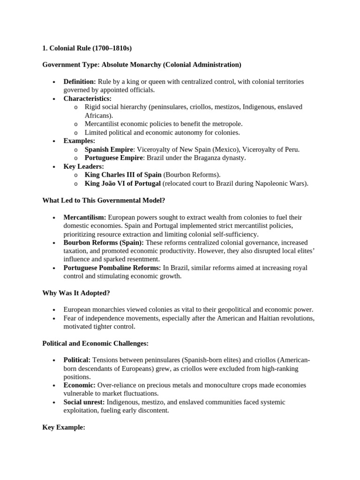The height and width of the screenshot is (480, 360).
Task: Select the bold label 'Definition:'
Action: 80,82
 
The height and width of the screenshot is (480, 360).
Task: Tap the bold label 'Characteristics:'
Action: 87,98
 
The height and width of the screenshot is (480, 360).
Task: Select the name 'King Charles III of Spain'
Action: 123,175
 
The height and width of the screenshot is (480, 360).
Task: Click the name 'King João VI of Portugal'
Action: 123,183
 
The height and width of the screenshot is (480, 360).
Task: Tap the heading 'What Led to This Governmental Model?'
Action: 104,201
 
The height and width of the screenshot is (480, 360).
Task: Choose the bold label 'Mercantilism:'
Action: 85,217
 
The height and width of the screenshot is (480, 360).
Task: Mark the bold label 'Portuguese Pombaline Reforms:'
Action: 112,268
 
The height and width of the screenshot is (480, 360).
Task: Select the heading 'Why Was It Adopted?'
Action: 76,293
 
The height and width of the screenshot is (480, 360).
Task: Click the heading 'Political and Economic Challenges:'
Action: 95,344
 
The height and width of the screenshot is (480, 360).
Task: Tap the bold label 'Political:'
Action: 77,360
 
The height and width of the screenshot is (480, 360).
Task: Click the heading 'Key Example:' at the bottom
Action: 63,427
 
